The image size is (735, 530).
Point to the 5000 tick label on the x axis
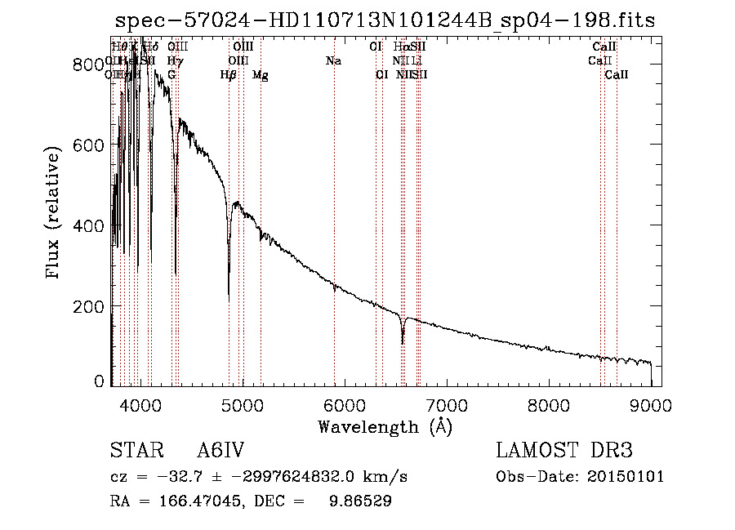point(242,406)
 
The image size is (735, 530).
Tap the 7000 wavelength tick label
point(447,406)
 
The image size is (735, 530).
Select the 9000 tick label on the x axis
point(651,406)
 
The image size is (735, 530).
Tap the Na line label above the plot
point(333,61)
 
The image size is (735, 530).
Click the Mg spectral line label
point(261,75)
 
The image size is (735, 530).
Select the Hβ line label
point(229,75)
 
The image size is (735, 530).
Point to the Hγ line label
point(174,61)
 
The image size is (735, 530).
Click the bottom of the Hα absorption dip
point(403,342)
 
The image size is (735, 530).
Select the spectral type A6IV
point(220,452)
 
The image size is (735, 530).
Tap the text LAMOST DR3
point(564,452)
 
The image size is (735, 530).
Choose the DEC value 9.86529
point(360,502)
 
